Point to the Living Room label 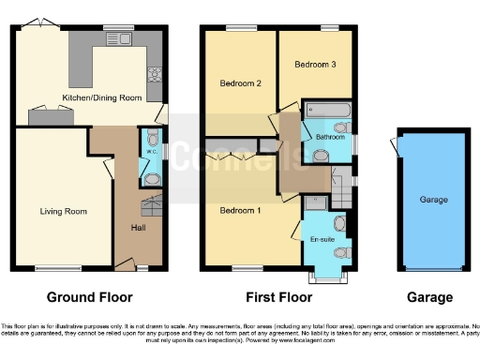pyautogui.click(x=63, y=211)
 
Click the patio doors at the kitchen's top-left pyautogui.click(x=37, y=22)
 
